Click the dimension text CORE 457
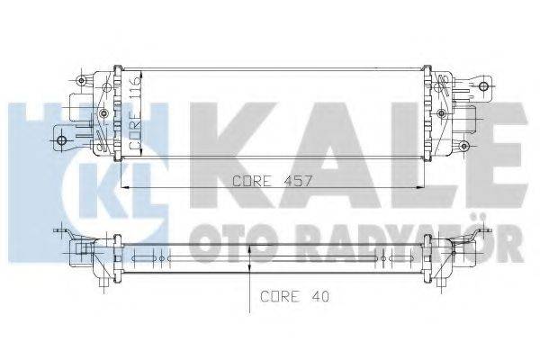coord(273,180)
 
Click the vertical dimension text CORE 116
coord(136,112)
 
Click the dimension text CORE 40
coord(289,295)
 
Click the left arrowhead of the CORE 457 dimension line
coord(124,187)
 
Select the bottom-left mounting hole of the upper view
coord(62,139)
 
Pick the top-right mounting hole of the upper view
coord(486,87)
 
